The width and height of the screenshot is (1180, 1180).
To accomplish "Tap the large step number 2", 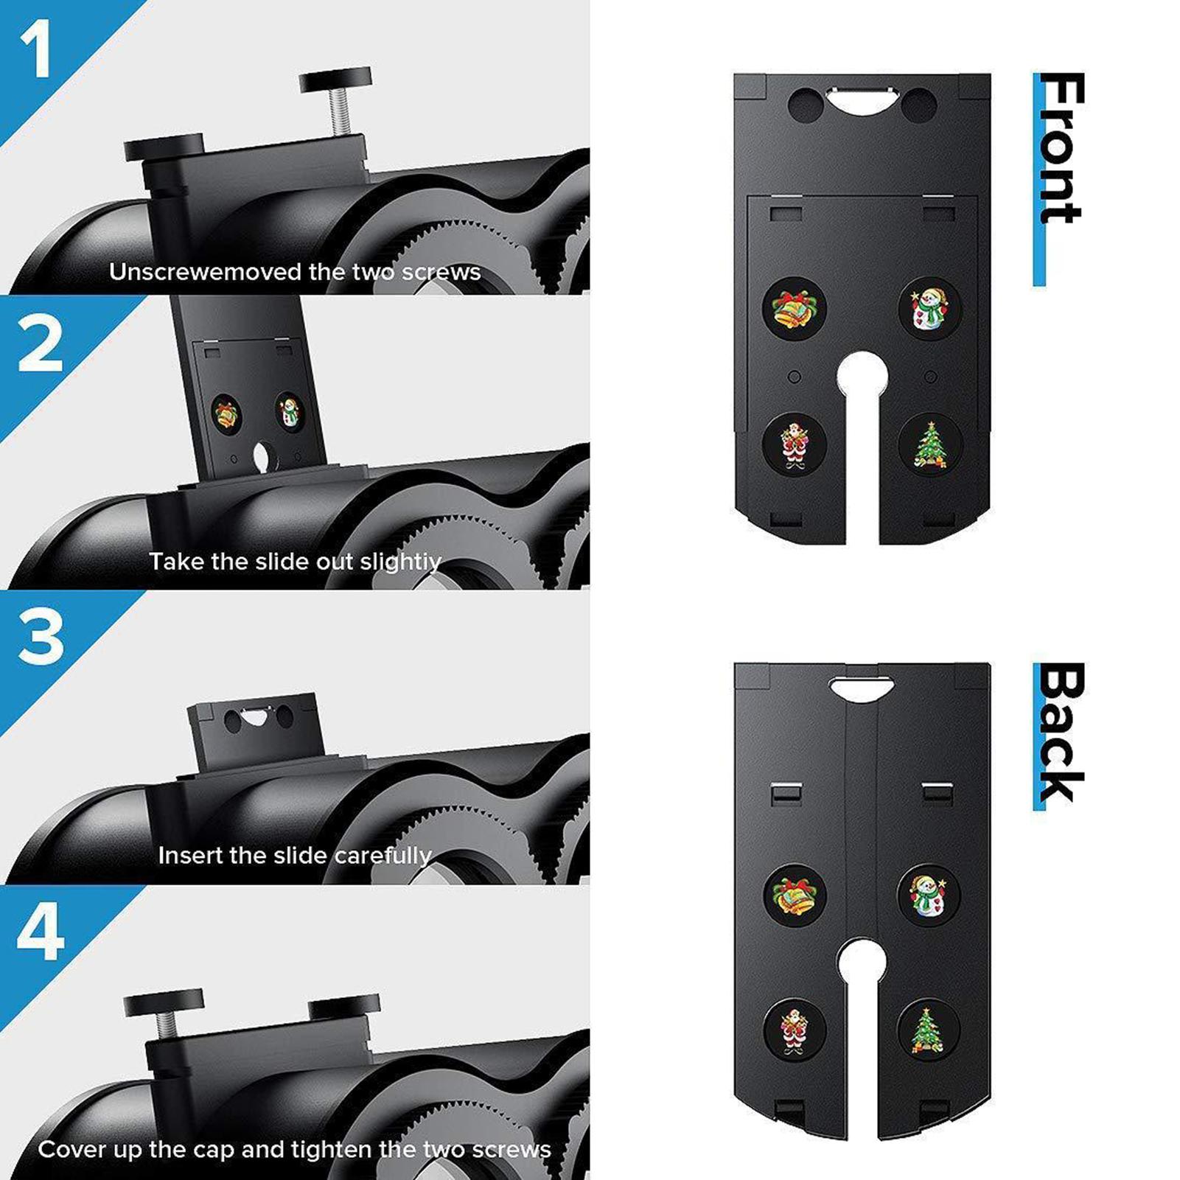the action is click(x=40, y=343).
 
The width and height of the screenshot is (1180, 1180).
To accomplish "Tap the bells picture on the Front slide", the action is click(x=793, y=308).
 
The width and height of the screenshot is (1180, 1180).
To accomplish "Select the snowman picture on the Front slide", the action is click(x=929, y=308).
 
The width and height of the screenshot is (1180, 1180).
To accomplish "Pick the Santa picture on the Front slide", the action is click(x=795, y=444).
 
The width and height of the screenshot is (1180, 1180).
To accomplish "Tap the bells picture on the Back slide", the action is click(x=794, y=895).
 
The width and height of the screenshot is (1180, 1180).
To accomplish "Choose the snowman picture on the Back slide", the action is click(x=928, y=894).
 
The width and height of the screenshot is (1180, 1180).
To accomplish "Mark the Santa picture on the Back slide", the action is click(x=794, y=1030).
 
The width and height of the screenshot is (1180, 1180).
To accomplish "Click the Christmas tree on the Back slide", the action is click(x=927, y=1029).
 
